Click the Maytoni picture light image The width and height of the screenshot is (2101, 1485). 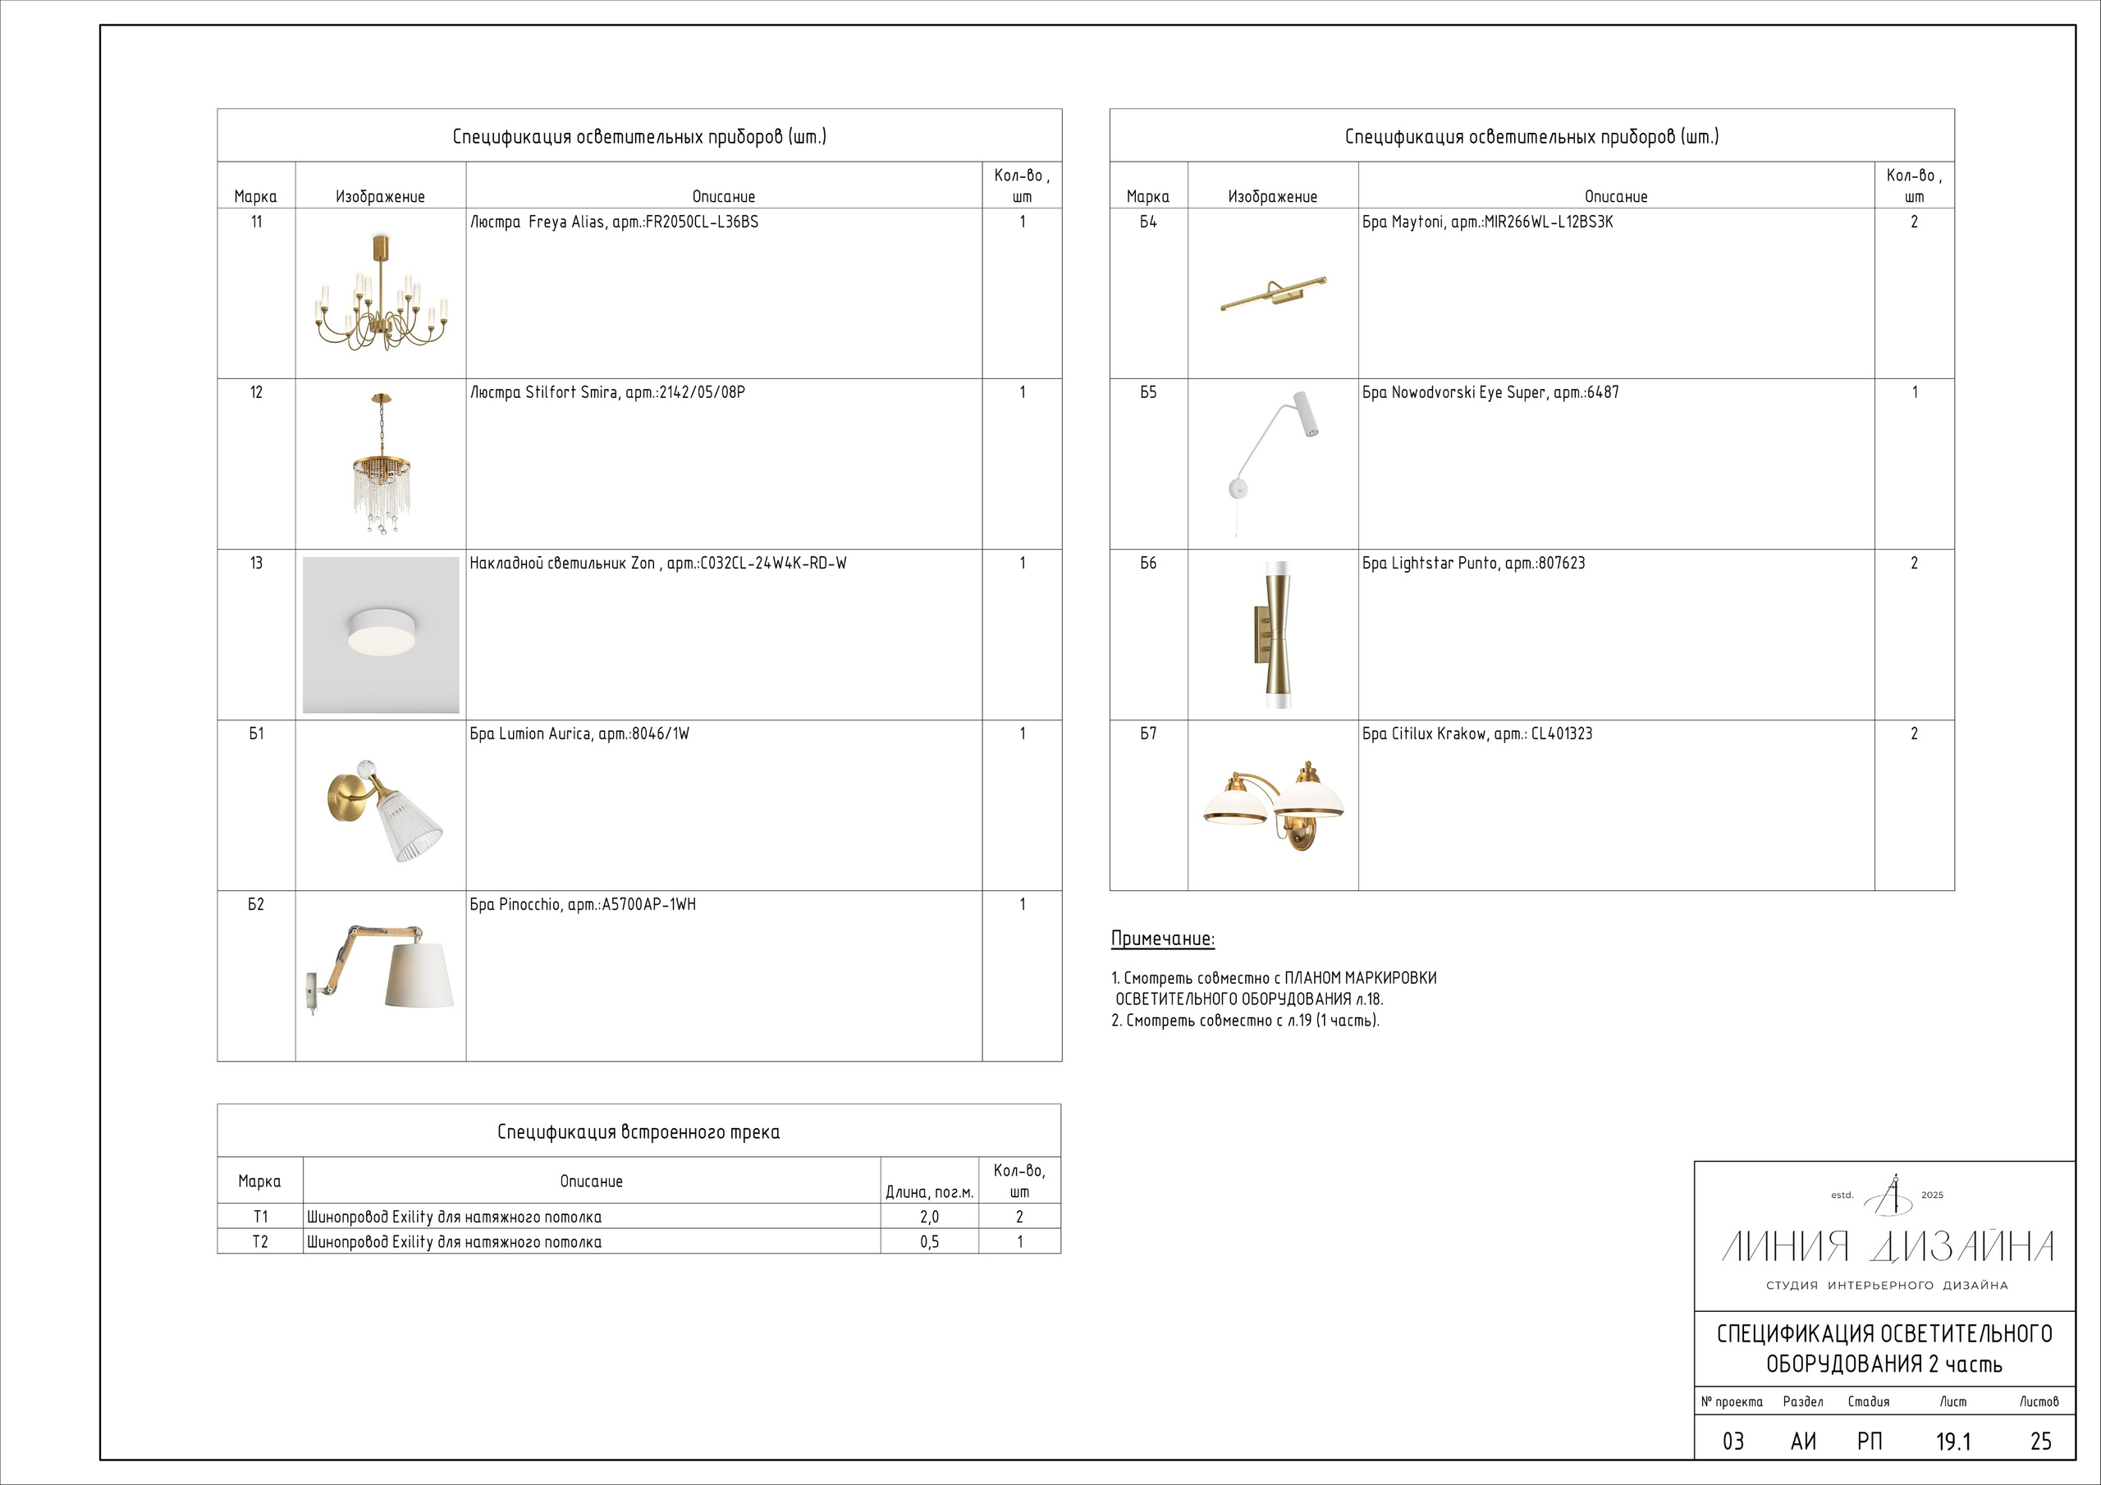[x=1273, y=293]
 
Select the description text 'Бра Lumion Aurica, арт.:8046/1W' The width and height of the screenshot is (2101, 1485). [x=579, y=733]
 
